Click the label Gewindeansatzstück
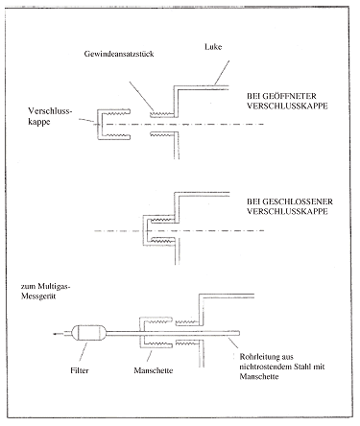119,54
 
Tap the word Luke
213,47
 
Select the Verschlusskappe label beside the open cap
50,116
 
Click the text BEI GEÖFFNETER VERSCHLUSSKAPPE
287,101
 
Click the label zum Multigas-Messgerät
45,291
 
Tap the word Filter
80,370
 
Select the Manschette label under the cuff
154,370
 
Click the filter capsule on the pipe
89,334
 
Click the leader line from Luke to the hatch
222,73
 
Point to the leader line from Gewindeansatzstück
142,97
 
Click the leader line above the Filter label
84,352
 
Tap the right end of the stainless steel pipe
239,334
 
